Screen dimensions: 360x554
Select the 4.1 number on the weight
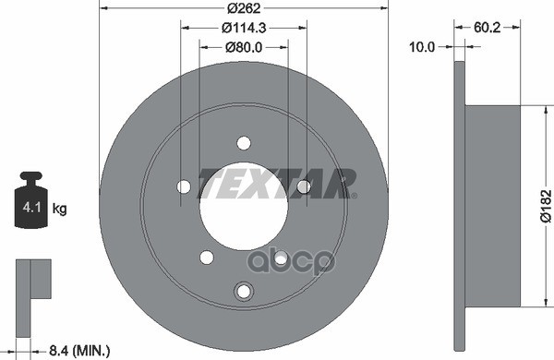coord(30,210)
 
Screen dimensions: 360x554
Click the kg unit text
coord(60,210)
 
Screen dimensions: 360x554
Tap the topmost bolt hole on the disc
coord(244,143)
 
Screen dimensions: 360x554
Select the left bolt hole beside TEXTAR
coord(184,187)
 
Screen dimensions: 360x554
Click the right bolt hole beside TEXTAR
coord(303,187)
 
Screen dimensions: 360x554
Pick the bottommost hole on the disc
coord(244,292)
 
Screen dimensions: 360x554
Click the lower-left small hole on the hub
coord(207,257)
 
